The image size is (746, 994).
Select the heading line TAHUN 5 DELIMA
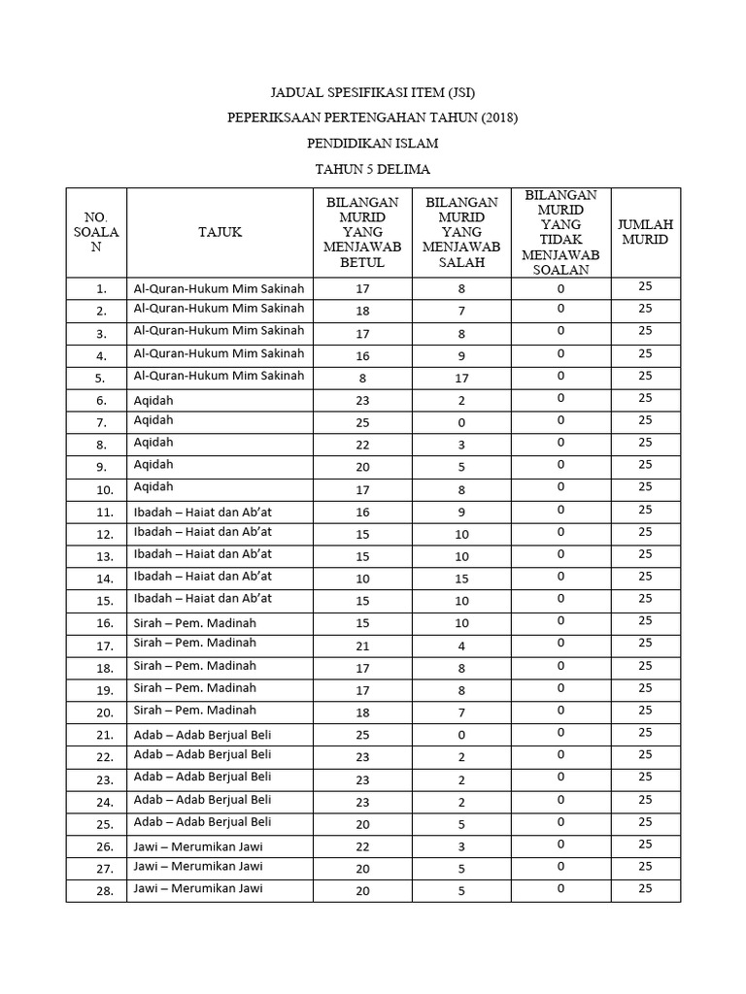tap(373, 168)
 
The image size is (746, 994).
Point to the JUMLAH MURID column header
tap(645, 232)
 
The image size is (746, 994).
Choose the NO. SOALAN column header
tap(96, 232)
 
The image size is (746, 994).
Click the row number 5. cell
tap(101, 378)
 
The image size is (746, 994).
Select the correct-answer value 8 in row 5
tap(362, 378)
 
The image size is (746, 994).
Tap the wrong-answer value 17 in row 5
tap(461, 378)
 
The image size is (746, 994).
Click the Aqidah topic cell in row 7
tap(153, 421)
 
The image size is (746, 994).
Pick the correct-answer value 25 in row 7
tap(362, 422)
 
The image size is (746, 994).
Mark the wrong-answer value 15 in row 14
tap(461, 579)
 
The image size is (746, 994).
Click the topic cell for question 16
tap(195, 622)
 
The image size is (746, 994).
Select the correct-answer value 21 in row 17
tap(362, 646)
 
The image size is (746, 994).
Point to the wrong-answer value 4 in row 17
tap(461, 646)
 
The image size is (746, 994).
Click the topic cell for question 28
tap(198, 888)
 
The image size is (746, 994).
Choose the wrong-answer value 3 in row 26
tap(461, 846)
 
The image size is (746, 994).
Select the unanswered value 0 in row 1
tap(560, 286)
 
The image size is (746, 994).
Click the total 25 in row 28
tap(645, 888)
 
